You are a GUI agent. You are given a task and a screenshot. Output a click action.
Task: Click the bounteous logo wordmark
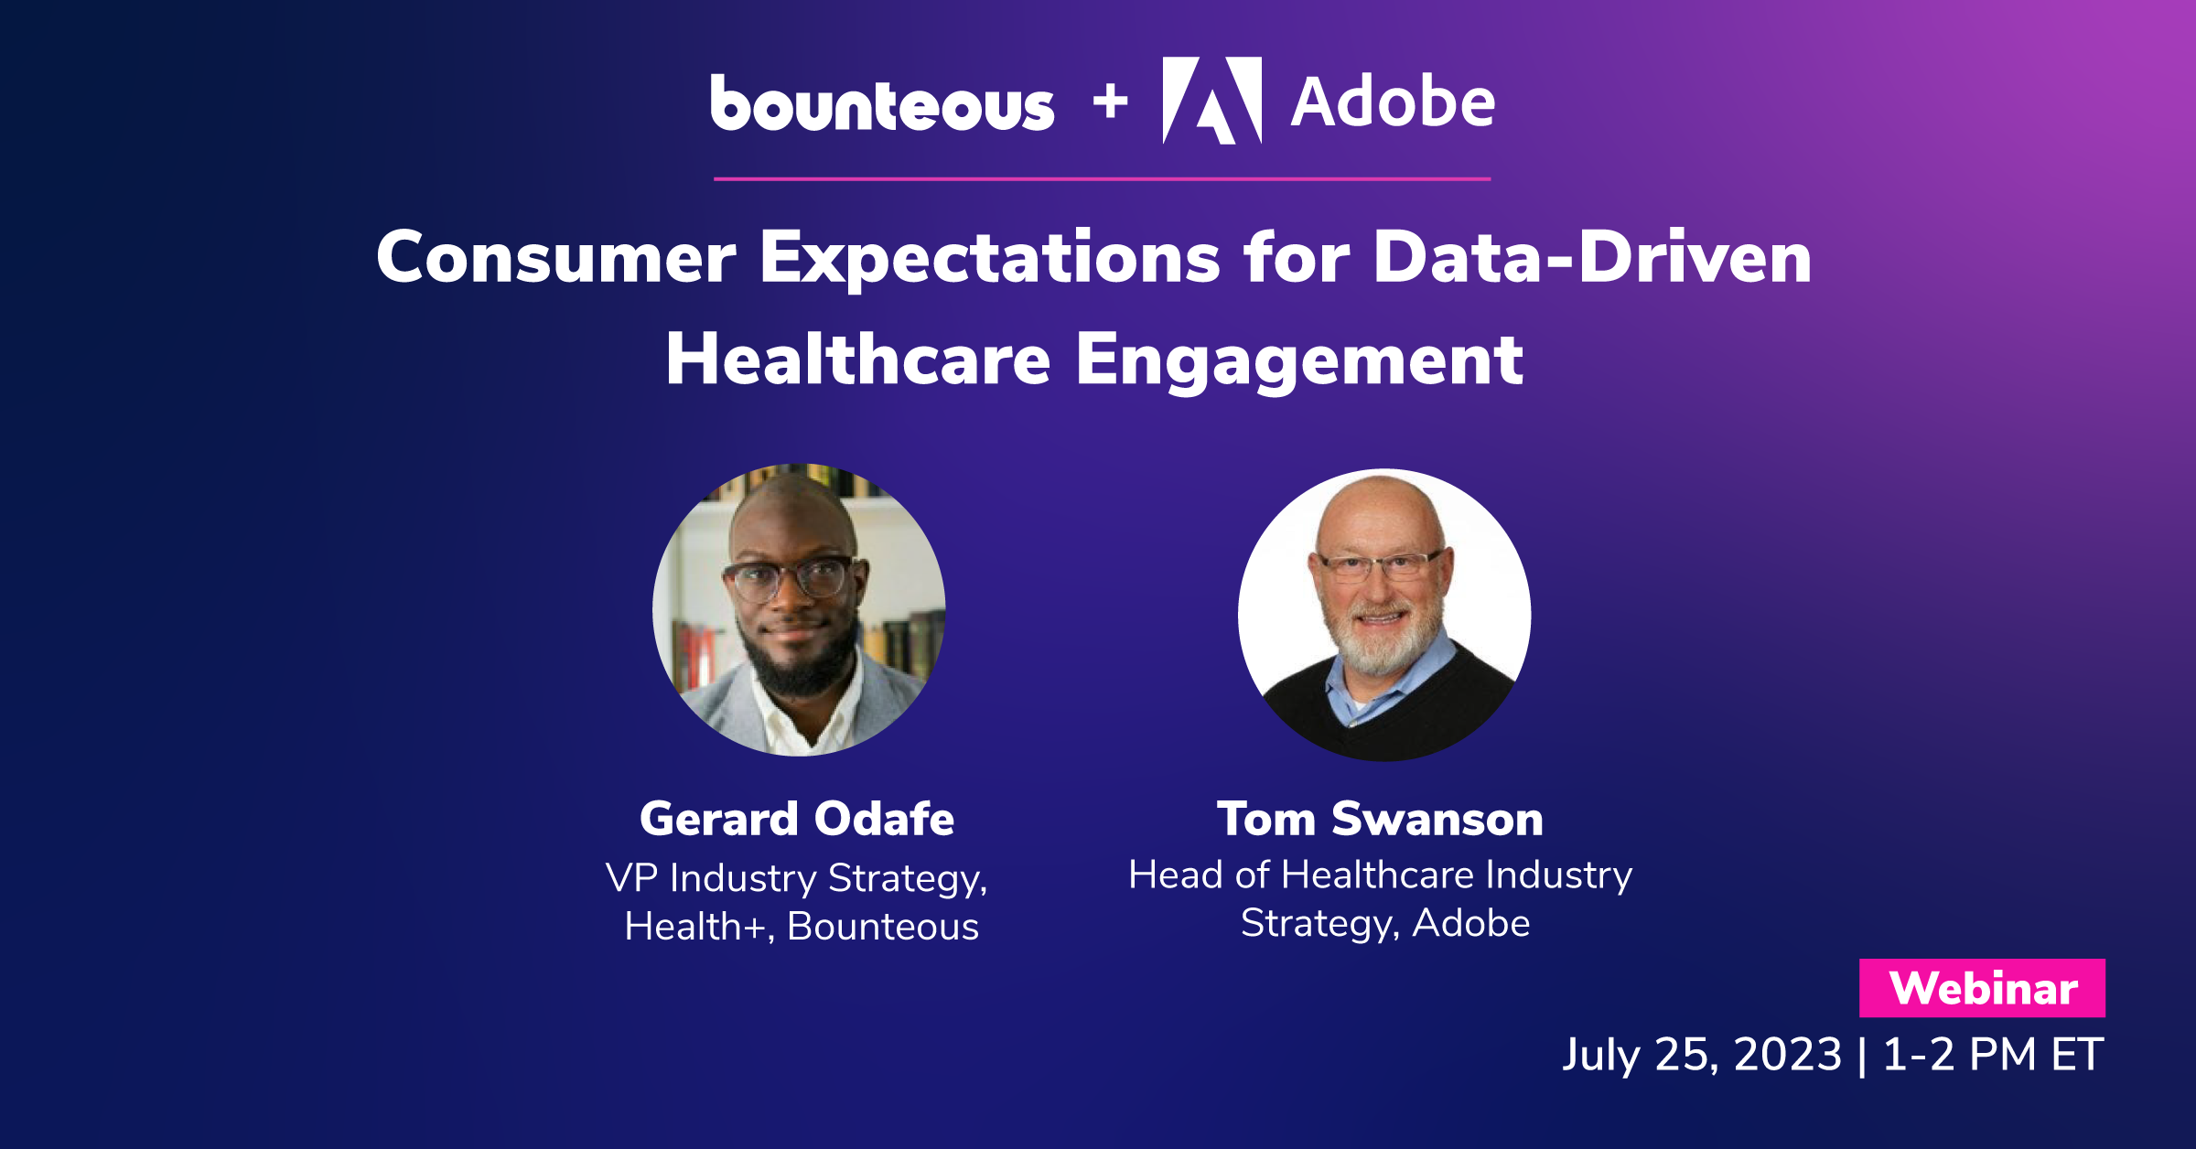pos(882,102)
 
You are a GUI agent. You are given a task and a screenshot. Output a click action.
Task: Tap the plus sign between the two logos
pos(1110,102)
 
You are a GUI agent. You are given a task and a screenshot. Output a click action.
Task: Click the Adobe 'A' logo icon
pos(1212,101)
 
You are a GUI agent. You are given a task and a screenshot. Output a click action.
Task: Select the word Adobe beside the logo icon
pos(1393,102)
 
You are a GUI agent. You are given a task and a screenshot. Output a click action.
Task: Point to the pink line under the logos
pos(1102,178)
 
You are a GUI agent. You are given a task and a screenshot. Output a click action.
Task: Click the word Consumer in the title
pos(555,257)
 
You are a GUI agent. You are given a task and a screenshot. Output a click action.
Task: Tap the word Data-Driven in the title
pos(1592,257)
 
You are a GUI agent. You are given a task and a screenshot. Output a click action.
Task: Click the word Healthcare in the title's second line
pos(858,360)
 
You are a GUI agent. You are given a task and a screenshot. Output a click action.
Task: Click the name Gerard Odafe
pos(797,818)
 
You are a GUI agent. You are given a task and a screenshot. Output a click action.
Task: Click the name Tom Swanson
pos(1380,818)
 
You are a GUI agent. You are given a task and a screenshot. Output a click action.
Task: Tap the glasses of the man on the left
pos(787,579)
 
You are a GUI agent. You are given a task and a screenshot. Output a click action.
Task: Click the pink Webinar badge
pos(1982,988)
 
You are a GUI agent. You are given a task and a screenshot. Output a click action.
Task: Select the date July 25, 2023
pos(1702,1054)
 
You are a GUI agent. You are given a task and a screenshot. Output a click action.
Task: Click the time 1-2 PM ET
pos(1993,1054)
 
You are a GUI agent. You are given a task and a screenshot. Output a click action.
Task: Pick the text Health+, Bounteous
pos(802,927)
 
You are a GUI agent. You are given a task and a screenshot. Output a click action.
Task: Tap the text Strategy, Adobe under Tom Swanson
pos(1385,924)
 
